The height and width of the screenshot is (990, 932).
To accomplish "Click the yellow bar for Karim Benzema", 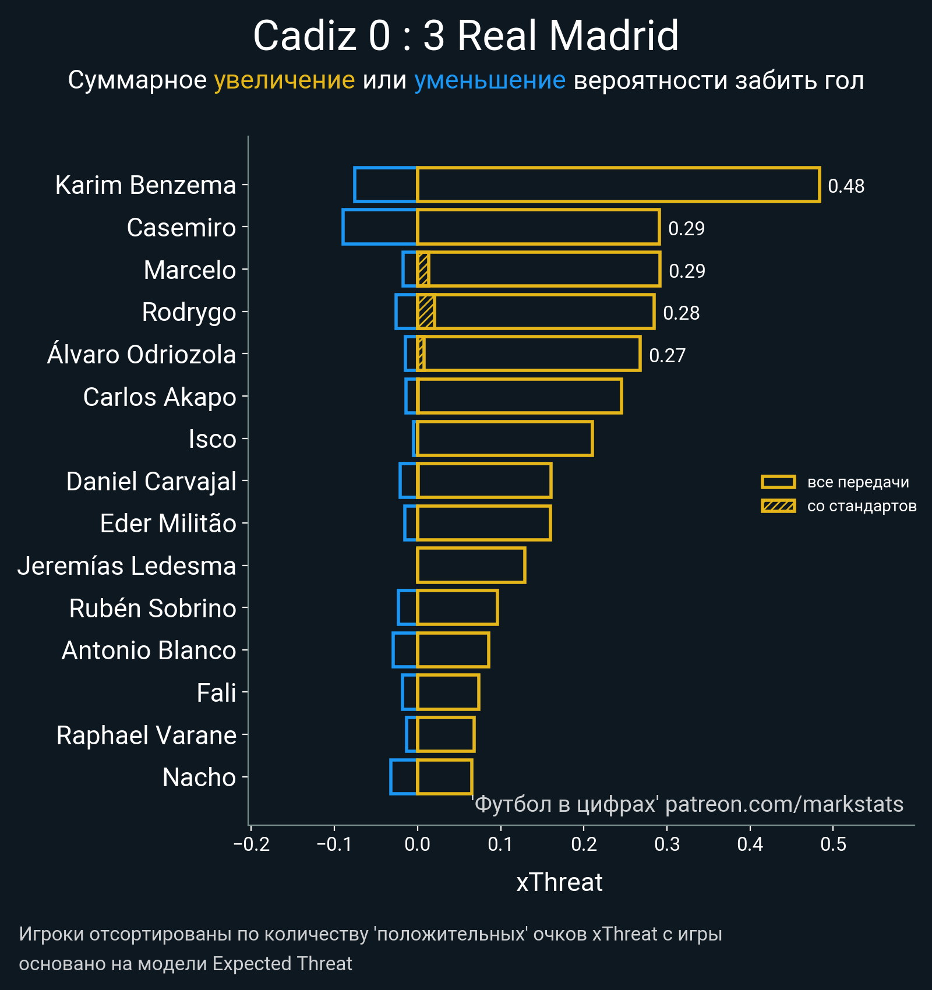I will coord(617,185).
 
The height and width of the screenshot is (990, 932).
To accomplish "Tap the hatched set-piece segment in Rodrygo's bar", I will coord(426,312).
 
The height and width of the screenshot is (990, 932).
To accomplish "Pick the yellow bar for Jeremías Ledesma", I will coord(471,565).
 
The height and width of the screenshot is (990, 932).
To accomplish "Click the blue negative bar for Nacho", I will coord(404,777).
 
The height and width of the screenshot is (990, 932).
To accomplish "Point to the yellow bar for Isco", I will coord(504,439).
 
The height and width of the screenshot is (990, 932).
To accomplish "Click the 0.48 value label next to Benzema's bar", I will coord(846,186).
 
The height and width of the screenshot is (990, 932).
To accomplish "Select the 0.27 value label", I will coord(667,356).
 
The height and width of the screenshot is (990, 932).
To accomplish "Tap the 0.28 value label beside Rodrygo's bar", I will coord(681,313).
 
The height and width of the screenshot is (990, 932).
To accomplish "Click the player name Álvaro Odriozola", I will coord(142,355).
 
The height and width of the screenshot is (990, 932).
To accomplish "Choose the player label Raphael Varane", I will coord(146,736).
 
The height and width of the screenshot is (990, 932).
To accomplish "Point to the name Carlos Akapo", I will coord(160,397).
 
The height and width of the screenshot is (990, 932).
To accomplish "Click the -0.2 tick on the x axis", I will coord(252,844).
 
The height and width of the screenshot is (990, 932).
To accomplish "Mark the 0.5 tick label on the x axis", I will coord(833,844).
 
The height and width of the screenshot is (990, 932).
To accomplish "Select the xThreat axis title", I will coord(559,883).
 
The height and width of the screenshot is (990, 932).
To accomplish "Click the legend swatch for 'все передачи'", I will coord(778,482).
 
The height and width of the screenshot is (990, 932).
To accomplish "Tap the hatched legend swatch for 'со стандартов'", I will coord(778,506).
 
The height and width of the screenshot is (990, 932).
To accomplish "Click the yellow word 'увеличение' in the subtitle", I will coord(284,80).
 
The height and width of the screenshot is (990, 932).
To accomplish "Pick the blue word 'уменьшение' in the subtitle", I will coord(489,80).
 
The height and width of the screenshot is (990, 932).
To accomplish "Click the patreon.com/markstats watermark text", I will coord(784,804).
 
